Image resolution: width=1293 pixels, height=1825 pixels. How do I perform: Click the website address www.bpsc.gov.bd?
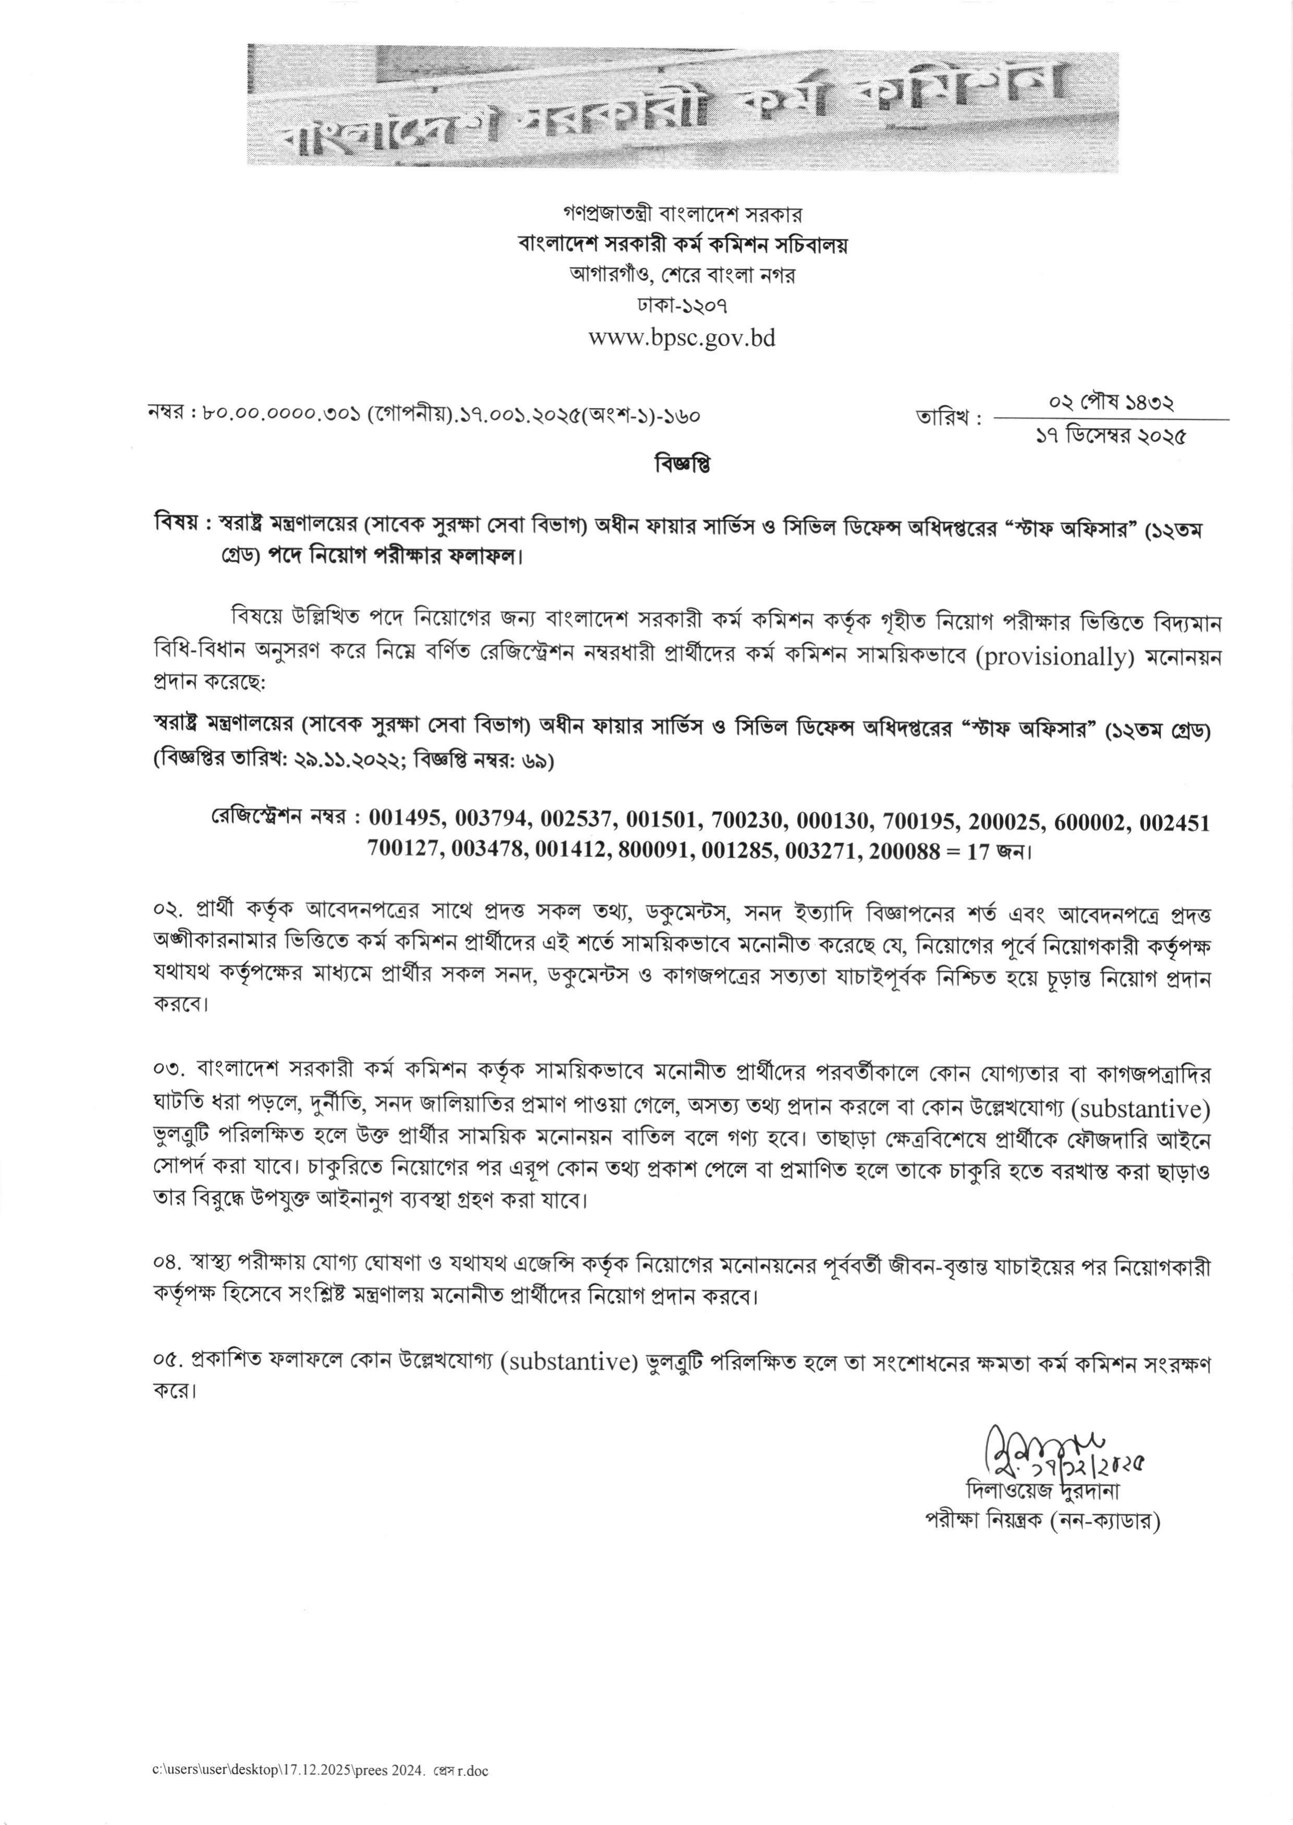[x=682, y=338]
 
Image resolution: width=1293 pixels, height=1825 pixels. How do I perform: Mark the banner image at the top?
[x=682, y=107]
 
